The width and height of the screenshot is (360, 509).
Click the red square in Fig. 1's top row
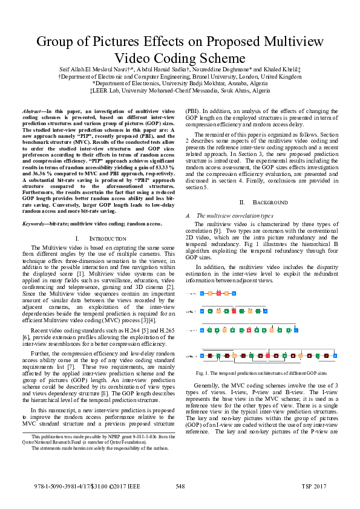[218, 293]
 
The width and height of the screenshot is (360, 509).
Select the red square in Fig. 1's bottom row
[267, 355]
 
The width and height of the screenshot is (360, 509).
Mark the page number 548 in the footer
[180, 486]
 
